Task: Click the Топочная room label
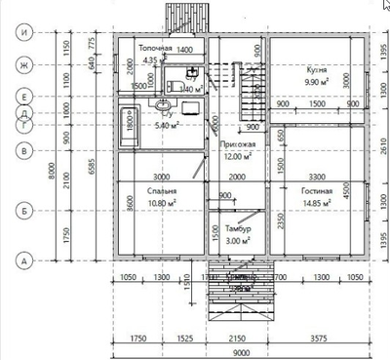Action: (155, 48)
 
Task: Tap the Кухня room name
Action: (315, 72)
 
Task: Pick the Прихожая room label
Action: (236, 143)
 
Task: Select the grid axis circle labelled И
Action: (23, 31)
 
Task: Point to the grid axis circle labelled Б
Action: (23, 209)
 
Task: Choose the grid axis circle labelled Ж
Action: (23, 66)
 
